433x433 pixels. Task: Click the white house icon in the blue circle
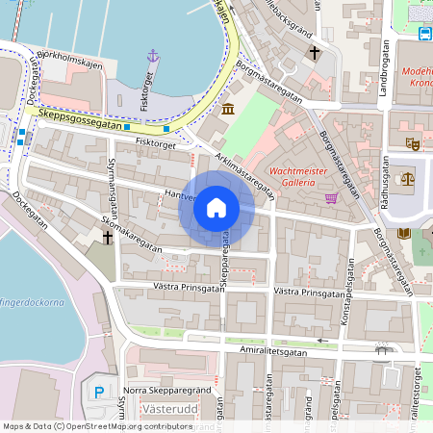coord(216,208)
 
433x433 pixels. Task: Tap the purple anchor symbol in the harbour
coord(152,57)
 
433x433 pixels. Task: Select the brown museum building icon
coord(227,111)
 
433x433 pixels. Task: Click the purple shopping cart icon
coord(332,198)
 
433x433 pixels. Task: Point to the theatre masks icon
coord(413,143)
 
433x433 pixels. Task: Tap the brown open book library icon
coord(404,233)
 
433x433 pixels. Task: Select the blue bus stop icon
coord(425,34)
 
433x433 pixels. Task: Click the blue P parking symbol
coord(100,392)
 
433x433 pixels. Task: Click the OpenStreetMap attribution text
coord(96,425)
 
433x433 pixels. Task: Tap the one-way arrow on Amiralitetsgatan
coord(322,341)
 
